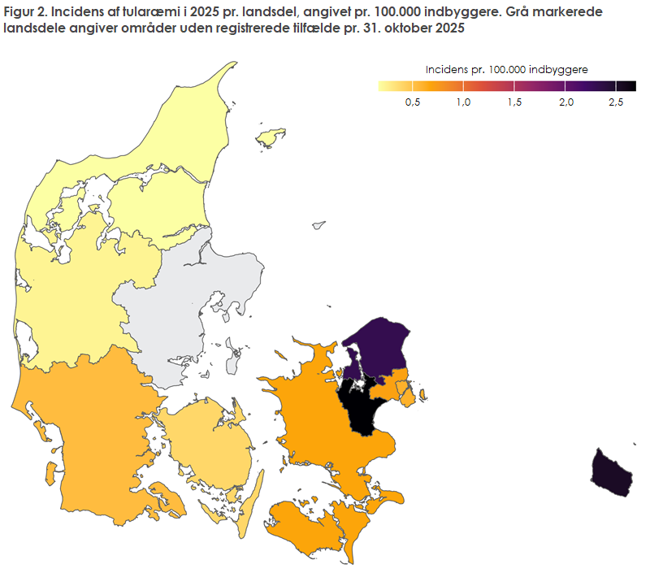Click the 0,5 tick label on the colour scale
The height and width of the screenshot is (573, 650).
coord(413,102)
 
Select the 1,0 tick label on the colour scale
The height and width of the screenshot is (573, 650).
coord(464,102)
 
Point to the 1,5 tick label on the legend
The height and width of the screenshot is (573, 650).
coord(515,102)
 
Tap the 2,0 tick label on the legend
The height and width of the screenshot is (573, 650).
coord(566,102)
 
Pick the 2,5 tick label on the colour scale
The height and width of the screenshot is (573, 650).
coord(616,102)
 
